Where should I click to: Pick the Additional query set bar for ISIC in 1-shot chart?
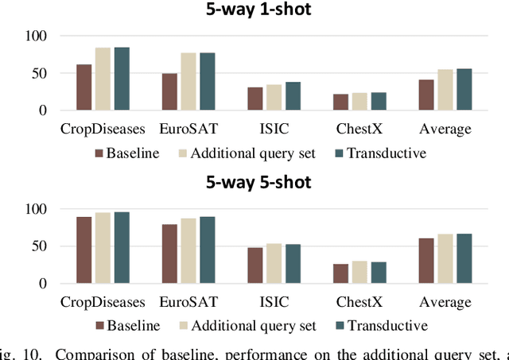point(274,97)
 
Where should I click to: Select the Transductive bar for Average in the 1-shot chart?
point(464,89)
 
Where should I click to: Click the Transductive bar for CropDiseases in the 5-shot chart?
point(122,247)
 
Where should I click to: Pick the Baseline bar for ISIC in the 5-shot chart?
point(255,265)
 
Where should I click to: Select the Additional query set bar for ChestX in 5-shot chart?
point(359,272)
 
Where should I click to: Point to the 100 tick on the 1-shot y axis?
point(36,37)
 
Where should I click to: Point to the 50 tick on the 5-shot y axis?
point(40,246)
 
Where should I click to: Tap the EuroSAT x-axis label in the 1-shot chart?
point(188,128)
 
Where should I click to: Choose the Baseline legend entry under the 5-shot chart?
point(128,325)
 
